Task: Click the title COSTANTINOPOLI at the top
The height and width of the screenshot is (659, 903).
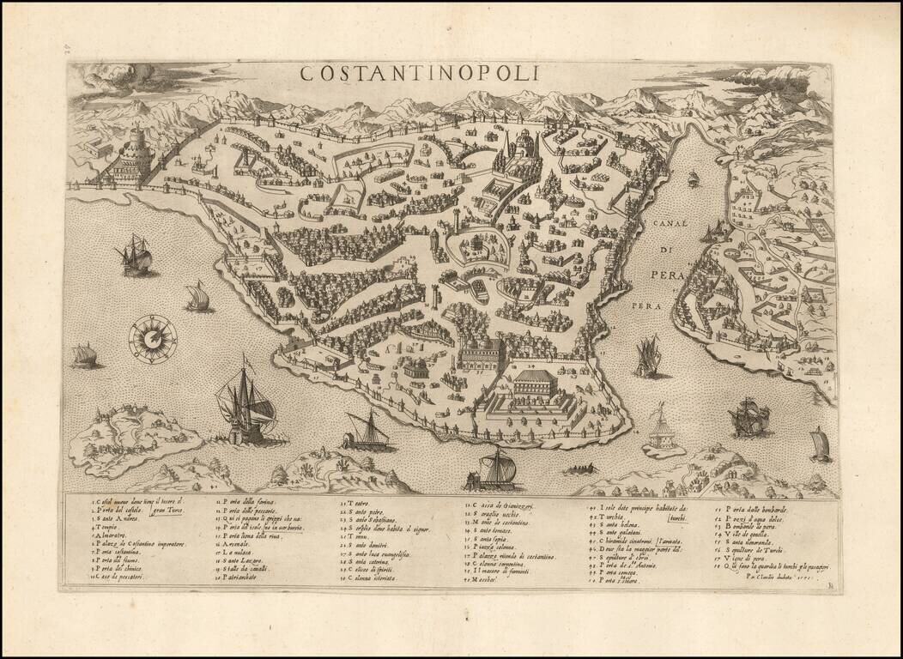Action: (x=419, y=73)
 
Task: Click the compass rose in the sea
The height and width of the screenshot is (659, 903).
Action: (x=153, y=339)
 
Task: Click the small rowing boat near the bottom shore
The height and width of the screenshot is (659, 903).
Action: (x=581, y=469)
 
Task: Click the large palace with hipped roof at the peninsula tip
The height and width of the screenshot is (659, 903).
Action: (x=546, y=384)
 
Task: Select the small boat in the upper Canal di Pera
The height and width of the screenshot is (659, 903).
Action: (x=693, y=178)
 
